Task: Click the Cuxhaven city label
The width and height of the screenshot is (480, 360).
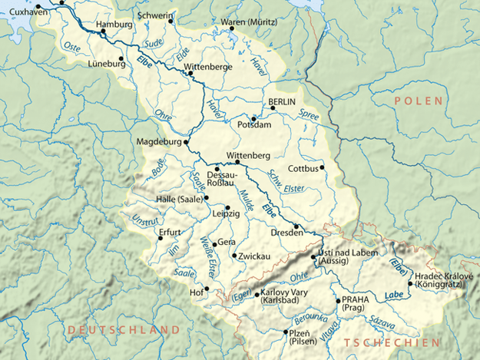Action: point(25,12)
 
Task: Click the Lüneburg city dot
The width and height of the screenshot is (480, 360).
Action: point(123,58)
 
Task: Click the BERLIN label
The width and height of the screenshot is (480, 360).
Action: point(282,102)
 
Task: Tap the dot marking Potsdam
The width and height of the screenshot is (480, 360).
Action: point(253,118)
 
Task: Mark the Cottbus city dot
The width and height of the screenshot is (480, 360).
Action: point(323,167)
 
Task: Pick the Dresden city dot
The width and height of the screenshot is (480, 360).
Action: point(296,226)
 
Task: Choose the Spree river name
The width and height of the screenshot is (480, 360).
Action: point(308,114)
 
